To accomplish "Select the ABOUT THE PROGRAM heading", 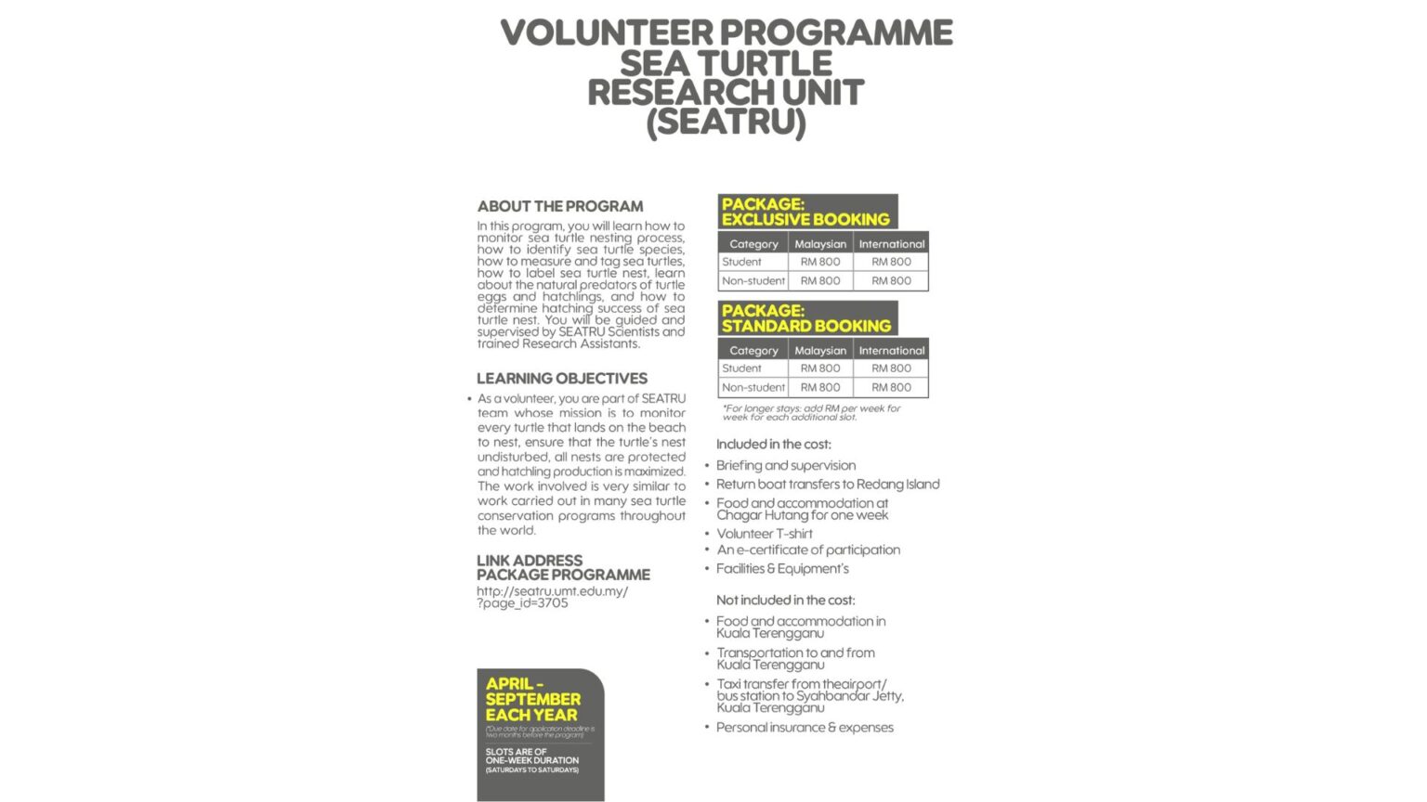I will [x=560, y=206].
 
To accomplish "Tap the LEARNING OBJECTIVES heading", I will [x=562, y=379].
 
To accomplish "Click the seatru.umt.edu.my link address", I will [x=552, y=597].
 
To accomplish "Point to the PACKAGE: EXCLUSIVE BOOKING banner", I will [x=806, y=212].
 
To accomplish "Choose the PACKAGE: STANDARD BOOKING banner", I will [x=806, y=318].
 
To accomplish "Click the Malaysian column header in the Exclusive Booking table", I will [x=820, y=244].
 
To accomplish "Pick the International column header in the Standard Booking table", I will [x=891, y=351].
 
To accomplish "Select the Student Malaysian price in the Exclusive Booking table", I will [x=820, y=262].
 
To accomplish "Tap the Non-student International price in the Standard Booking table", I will [x=891, y=387].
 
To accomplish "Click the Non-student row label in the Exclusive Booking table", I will [x=753, y=280].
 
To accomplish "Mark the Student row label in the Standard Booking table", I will [x=741, y=369].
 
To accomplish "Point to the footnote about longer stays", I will [x=811, y=412].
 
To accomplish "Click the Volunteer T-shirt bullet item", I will [x=765, y=534].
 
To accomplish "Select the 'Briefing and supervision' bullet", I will [x=786, y=466].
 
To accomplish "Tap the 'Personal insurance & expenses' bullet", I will [x=805, y=728].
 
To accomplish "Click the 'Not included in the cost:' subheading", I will [x=786, y=601].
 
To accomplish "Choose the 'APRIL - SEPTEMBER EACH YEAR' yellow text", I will [x=532, y=699].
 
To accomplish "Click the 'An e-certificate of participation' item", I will [x=808, y=550].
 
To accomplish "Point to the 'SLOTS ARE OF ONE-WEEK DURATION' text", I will [x=531, y=757].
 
